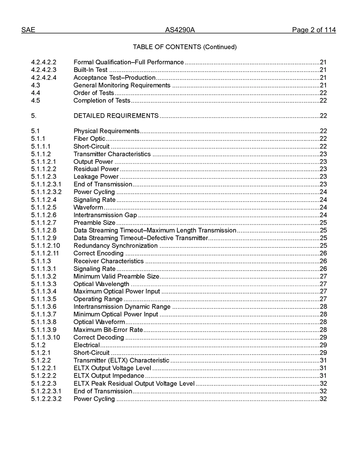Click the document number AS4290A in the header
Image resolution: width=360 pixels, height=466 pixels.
(180, 30)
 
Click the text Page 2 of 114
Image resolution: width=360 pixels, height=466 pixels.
(314, 30)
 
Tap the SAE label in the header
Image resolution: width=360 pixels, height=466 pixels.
(28, 30)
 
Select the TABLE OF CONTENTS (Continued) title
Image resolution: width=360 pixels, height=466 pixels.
(185, 47)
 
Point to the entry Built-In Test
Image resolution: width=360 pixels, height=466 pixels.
(90, 70)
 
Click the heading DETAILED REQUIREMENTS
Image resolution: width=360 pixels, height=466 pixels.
(116, 116)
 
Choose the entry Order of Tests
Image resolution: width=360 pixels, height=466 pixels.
(94, 93)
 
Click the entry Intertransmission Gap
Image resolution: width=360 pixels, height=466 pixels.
(105, 215)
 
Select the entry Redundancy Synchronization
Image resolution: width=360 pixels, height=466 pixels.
(116, 246)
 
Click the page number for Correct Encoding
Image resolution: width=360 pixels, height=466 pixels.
(323, 253)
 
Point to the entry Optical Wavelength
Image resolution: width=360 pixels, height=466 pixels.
(101, 284)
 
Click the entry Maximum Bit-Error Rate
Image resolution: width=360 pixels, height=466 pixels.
(108, 330)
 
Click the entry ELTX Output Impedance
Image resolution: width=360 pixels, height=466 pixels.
(109, 375)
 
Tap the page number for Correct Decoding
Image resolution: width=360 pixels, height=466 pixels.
(323, 337)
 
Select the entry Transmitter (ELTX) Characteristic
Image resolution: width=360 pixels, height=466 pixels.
(121, 360)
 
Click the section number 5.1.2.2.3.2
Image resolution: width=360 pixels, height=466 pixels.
(46, 399)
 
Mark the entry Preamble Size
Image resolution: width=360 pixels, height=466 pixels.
(94, 223)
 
